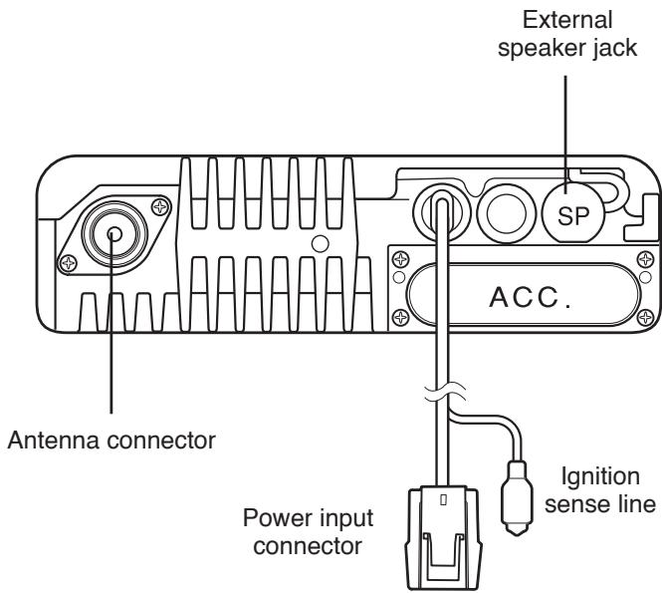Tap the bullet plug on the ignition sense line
518,497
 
